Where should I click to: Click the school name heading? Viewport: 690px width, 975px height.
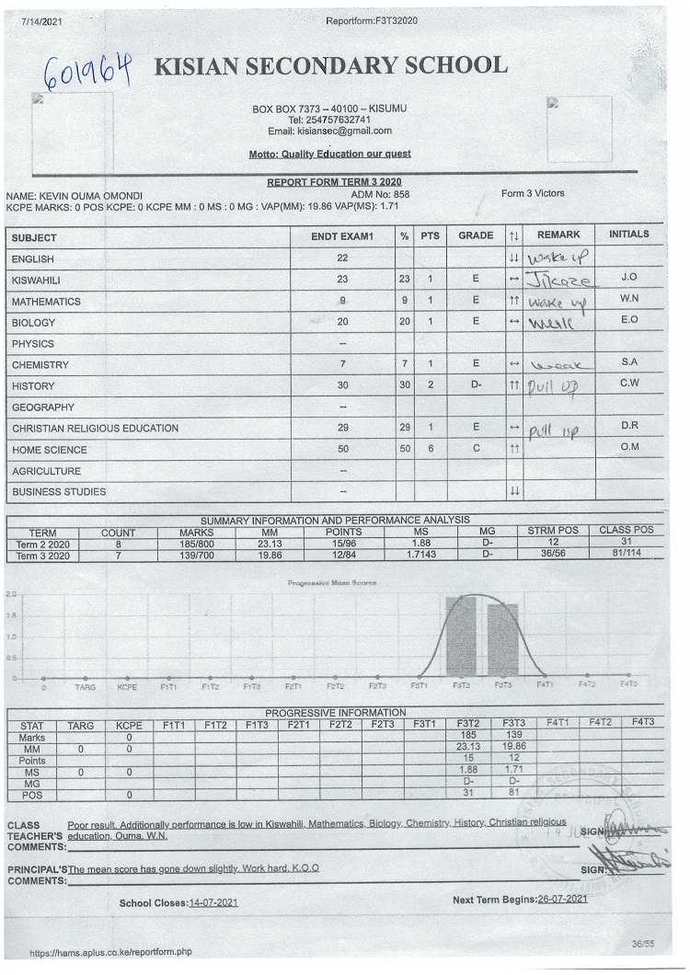coord(331,66)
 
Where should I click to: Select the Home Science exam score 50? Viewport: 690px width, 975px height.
coord(342,450)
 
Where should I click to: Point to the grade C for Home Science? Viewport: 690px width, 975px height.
coord(476,450)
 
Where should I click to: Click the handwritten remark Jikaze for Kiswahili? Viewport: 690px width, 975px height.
coord(559,279)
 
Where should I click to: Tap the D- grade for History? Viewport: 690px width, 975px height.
coord(476,386)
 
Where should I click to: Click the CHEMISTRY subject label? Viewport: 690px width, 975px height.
coord(40,365)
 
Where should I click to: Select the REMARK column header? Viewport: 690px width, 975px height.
coord(558,235)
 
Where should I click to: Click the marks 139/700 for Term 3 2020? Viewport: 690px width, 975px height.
coord(197,556)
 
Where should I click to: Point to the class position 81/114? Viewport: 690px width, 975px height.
coord(626,555)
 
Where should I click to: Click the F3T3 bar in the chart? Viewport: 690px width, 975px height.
coord(503,640)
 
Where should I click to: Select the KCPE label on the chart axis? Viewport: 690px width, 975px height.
coord(127,686)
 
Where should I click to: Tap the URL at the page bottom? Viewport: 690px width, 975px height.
coord(110,953)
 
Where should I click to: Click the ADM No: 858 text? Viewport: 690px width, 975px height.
coord(380,195)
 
